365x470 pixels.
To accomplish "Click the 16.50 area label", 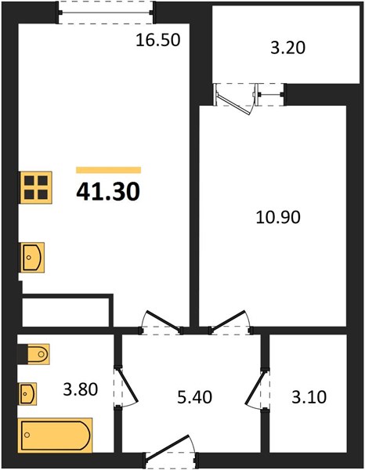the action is [x=158, y=40].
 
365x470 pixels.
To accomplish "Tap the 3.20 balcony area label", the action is [x=287, y=48].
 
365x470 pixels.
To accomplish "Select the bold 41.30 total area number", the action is [x=108, y=192].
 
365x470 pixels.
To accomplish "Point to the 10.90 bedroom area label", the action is [x=278, y=217].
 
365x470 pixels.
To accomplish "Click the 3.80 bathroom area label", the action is [x=81, y=389].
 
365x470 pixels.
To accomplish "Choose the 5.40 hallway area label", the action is [x=195, y=397].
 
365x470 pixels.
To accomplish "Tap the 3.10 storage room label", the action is [x=309, y=397].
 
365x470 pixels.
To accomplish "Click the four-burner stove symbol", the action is [x=36, y=188].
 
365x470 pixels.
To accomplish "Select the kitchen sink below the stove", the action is [x=32, y=258].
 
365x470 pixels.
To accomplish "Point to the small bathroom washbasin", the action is [x=28, y=394].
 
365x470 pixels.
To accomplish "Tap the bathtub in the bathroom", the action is [x=56, y=435].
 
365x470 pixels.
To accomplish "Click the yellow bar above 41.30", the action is [x=108, y=170].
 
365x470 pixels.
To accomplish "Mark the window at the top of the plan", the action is [x=106, y=13].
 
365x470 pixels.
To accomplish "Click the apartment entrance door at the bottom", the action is [x=171, y=451].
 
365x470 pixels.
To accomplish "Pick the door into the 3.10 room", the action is [x=257, y=389].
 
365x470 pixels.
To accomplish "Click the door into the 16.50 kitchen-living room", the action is [x=161, y=322].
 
